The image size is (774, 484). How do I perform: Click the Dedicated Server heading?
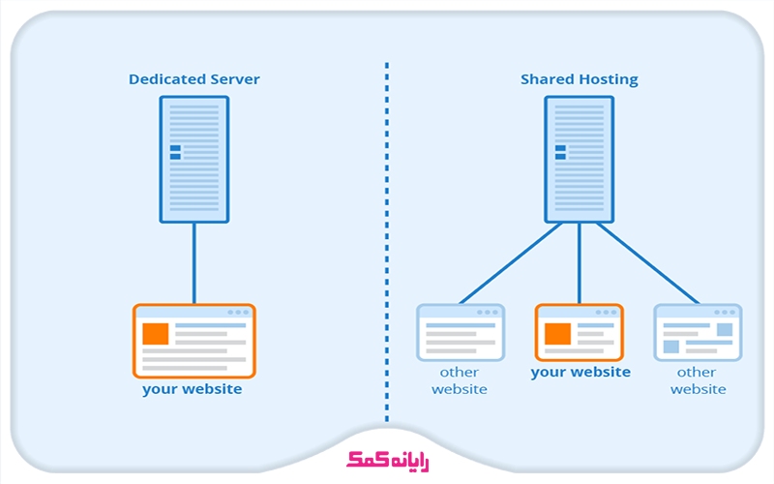point(193,79)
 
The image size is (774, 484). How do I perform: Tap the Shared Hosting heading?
point(580,79)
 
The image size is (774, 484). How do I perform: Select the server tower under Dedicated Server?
point(193,160)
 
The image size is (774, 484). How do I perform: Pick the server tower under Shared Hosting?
point(580,160)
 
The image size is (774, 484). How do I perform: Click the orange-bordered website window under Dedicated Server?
point(193,341)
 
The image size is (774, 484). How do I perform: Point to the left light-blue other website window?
point(461,332)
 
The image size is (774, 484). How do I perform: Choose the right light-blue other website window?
point(698,332)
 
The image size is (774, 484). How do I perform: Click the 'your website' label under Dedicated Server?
point(193,389)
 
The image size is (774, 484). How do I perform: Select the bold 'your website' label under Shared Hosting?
point(580,372)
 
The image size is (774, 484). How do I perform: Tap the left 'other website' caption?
point(460,380)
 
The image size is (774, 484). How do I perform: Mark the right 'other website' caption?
point(698,380)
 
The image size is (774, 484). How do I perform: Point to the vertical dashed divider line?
point(387,242)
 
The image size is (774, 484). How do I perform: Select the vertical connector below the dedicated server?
point(193,263)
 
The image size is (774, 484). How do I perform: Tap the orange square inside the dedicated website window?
point(155,334)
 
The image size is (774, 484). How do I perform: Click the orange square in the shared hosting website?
point(556,334)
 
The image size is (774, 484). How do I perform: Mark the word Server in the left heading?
point(236,79)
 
